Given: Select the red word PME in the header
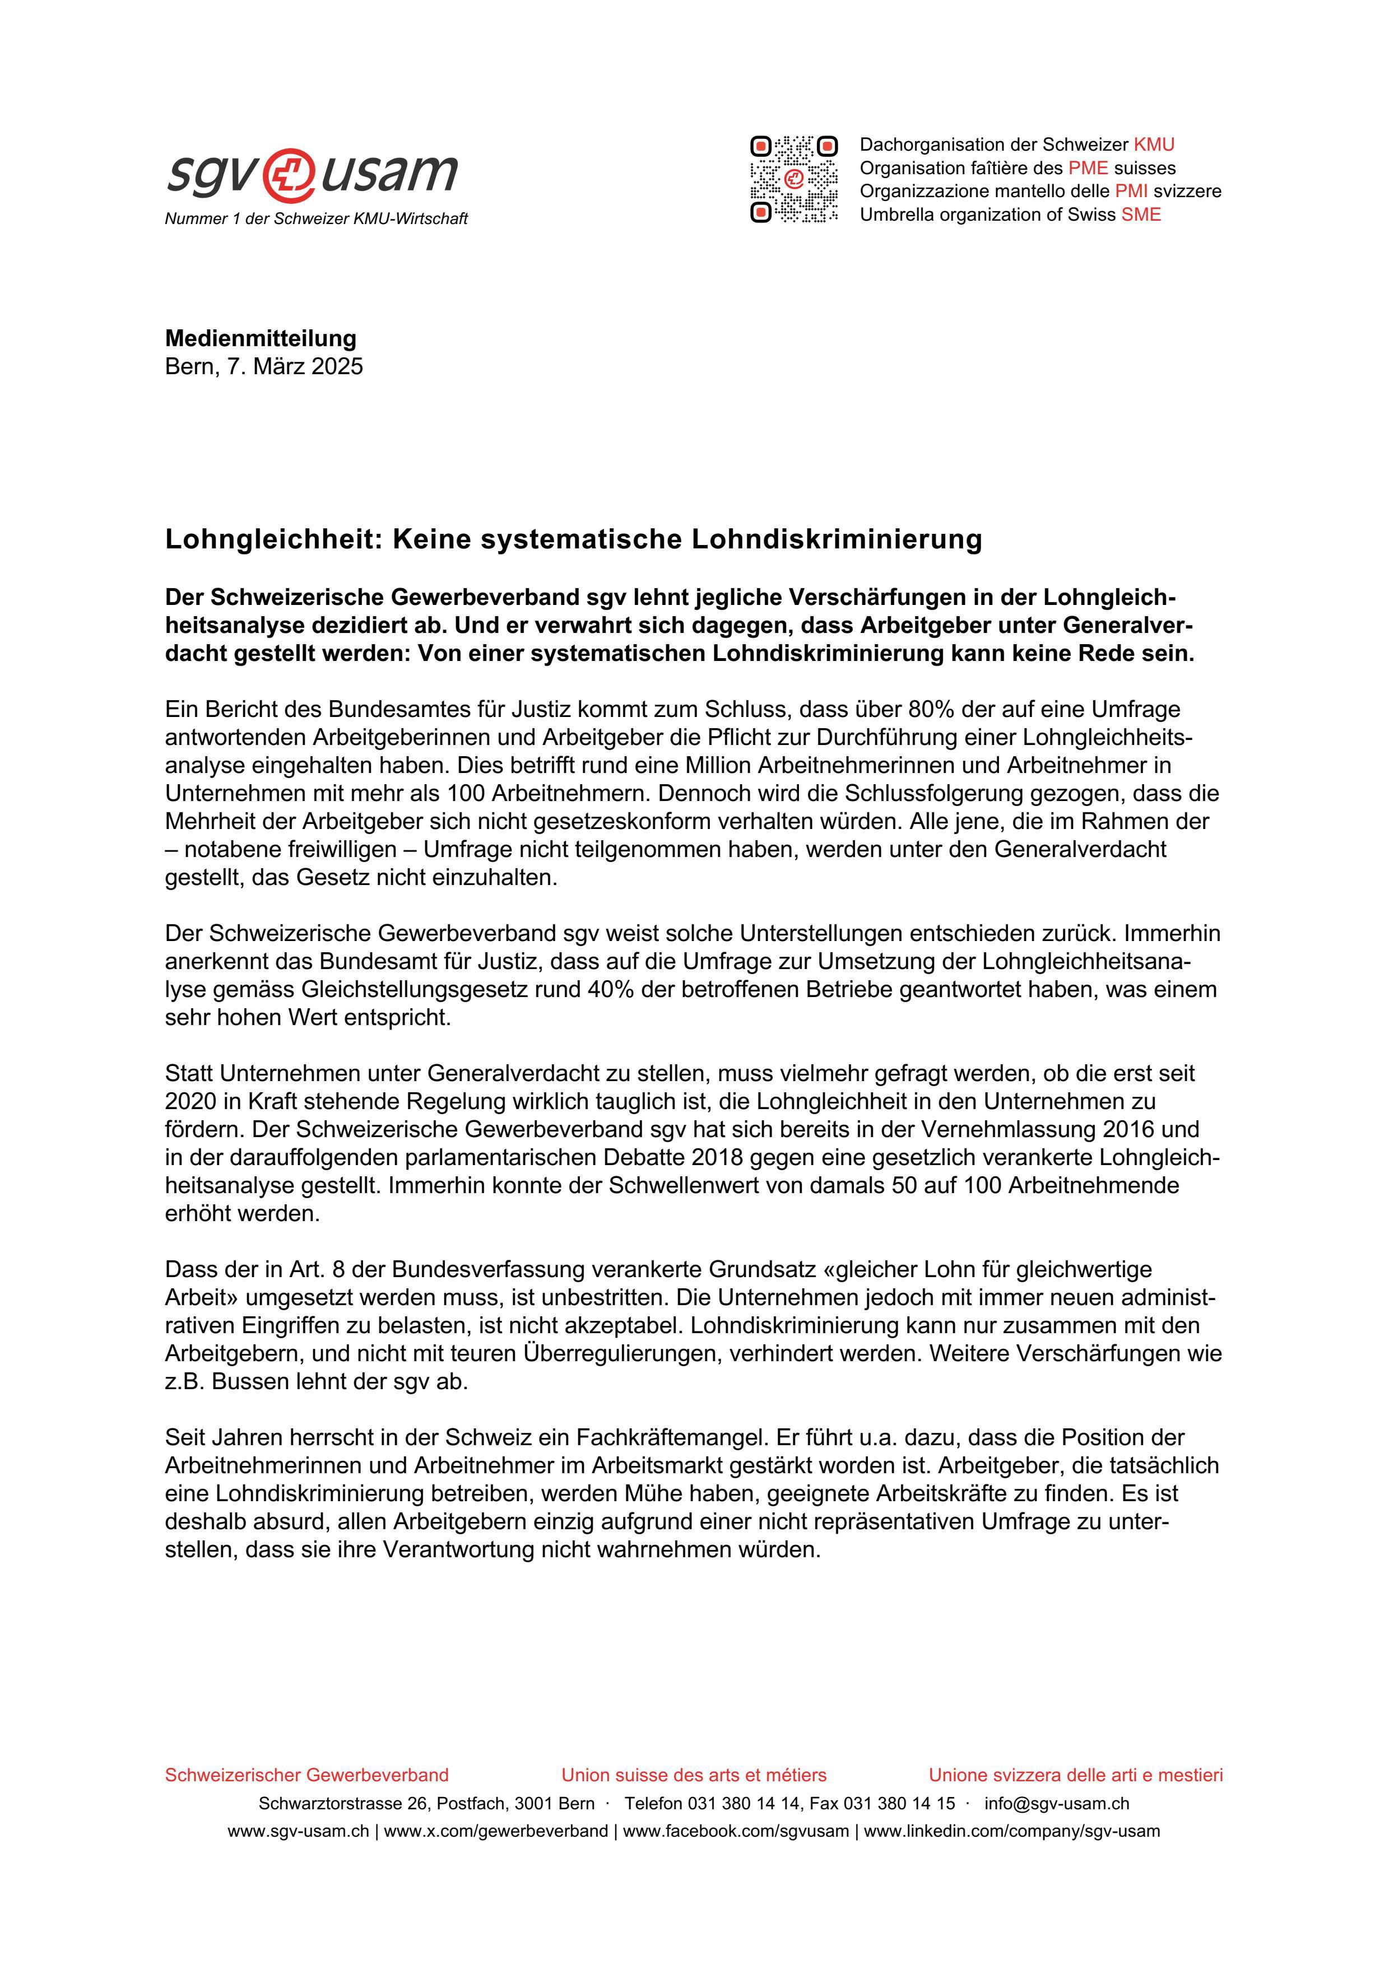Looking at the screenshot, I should point(1088,167).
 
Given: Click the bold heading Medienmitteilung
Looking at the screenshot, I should point(260,338).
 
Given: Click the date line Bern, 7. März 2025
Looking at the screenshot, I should point(263,366).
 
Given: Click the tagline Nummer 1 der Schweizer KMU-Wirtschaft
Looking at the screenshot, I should point(316,219).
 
